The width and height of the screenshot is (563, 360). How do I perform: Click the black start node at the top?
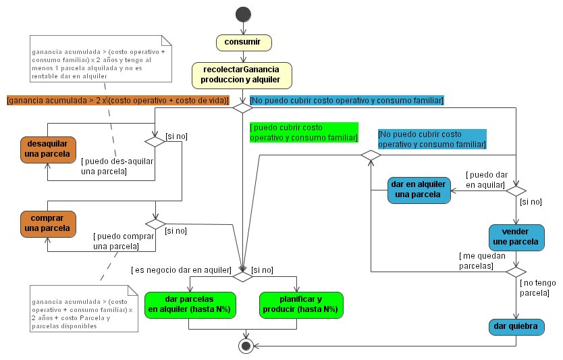pyautogui.click(x=242, y=14)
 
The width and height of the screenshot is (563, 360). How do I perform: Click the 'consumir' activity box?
pyautogui.click(x=243, y=43)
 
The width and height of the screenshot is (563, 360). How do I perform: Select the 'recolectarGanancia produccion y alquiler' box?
pyautogui.click(x=242, y=75)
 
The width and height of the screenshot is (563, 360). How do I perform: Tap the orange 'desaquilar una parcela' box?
pyautogui.click(x=47, y=149)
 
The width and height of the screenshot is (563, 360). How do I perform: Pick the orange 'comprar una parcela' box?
pyautogui.click(x=47, y=223)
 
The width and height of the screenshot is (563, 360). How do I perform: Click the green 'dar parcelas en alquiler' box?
pyautogui.click(x=189, y=304)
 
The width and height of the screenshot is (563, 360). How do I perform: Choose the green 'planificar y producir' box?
pyautogui.click(x=300, y=304)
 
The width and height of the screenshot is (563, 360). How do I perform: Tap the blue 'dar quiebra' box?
pyautogui.click(x=516, y=326)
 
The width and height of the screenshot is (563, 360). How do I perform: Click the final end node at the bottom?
pyautogui.click(x=246, y=345)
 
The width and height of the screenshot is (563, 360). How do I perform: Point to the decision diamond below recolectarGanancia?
pyautogui.click(x=242, y=107)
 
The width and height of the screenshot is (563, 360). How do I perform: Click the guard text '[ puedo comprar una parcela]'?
pyautogui.click(x=124, y=241)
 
